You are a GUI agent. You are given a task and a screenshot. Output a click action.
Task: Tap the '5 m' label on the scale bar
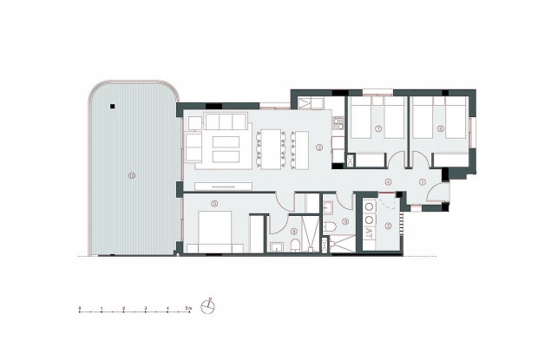tap(189, 308)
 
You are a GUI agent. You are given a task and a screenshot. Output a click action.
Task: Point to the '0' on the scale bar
tap(79, 308)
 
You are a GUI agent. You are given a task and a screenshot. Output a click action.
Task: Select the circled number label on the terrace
tap(131, 175)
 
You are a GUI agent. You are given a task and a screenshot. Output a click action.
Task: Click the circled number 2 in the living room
tap(319, 147)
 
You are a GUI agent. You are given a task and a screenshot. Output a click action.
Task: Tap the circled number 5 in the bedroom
tap(213, 204)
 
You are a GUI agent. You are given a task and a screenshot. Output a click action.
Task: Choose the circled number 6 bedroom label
tap(441, 128)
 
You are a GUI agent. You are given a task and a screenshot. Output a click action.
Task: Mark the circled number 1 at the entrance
tap(423, 182)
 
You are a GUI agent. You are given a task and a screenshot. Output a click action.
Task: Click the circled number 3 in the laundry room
tap(388, 226)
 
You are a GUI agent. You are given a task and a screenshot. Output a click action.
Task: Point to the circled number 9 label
tap(344, 222)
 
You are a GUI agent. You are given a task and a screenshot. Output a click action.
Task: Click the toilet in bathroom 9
tap(331, 226)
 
